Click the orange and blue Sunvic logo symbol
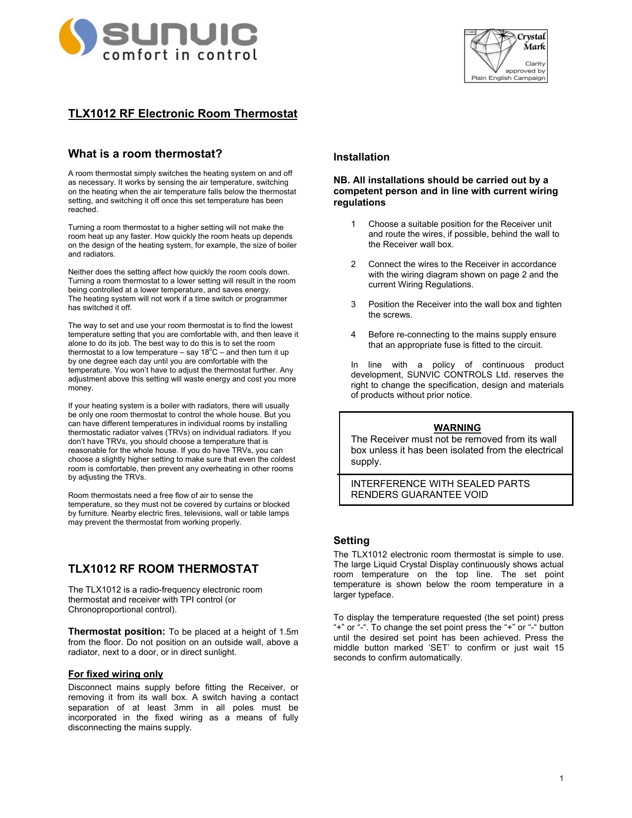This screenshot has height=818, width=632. (78, 37)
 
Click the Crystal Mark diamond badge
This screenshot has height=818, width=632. (506, 55)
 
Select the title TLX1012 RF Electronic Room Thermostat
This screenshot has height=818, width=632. (182, 113)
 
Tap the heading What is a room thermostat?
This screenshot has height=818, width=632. (145, 154)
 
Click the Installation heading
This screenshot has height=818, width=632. (361, 157)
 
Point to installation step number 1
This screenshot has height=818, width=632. (353, 224)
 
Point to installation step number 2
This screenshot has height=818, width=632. (353, 264)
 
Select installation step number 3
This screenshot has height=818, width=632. (353, 304)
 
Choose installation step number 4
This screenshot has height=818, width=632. (353, 334)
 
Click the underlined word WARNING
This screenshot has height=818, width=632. (457, 428)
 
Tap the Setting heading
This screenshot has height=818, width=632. (351, 541)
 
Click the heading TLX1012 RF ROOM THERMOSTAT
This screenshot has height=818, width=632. (163, 569)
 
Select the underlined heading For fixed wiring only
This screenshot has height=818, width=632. (115, 674)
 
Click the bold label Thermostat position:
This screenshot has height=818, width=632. (116, 632)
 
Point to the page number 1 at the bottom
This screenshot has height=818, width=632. (562, 778)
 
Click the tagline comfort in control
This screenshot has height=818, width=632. (180, 55)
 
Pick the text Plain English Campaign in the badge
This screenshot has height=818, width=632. (508, 78)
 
